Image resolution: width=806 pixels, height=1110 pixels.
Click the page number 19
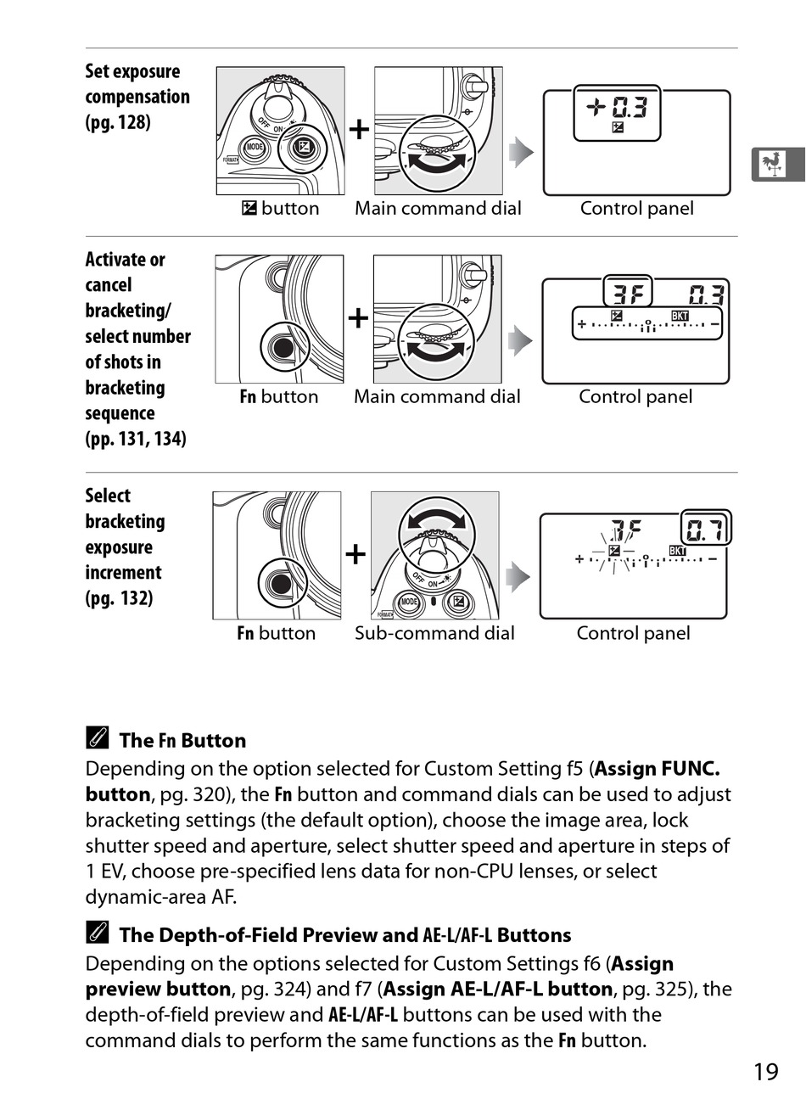[x=766, y=1072]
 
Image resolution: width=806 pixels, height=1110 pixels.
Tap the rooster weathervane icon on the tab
[x=772, y=164]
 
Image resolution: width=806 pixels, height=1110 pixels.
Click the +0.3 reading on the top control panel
[x=617, y=107]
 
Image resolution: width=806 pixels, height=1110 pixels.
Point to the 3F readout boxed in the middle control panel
[x=627, y=293]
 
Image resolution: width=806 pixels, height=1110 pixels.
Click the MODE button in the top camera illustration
[x=255, y=147]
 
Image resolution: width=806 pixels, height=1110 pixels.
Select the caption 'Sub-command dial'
[x=434, y=633]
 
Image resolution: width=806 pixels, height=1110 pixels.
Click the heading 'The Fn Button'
[x=182, y=740]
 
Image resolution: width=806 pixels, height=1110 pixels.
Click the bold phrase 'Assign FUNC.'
[x=658, y=769]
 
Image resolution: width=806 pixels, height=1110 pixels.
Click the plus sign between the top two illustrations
[x=359, y=130]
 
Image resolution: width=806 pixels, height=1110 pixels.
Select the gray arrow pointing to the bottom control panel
[x=518, y=577]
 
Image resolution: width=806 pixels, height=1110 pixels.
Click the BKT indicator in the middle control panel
[x=680, y=316]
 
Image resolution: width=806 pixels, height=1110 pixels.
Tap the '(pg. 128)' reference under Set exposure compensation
[x=118, y=122]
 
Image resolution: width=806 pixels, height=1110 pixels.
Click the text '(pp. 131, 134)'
[x=136, y=439]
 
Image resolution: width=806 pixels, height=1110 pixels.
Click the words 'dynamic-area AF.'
[x=161, y=897]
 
